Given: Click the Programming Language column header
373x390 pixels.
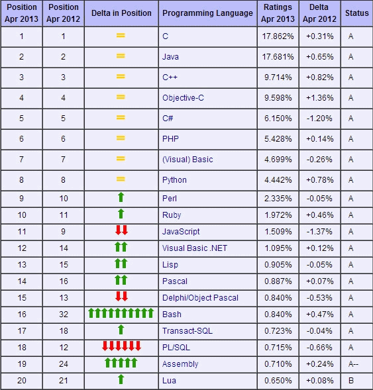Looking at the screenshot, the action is click(207, 13).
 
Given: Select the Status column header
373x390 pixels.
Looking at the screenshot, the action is click(357, 13).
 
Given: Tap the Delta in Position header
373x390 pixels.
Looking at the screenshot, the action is click(121, 13).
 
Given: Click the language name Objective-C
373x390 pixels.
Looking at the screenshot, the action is click(183, 98).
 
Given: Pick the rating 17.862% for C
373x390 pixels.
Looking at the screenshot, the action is click(278, 36).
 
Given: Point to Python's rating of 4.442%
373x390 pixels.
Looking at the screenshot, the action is click(278, 180).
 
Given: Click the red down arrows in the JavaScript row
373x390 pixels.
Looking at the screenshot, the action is click(121, 230).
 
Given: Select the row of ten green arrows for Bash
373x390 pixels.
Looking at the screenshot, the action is click(121, 313).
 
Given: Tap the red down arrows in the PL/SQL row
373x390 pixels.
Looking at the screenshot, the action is click(121, 346).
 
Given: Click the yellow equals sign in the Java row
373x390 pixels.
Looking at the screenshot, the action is click(121, 56).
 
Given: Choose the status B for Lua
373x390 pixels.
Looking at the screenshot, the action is click(351, 380).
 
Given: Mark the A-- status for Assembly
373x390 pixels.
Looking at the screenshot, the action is click(353, 364).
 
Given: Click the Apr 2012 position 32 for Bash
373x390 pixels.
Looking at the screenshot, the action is click(64, 314).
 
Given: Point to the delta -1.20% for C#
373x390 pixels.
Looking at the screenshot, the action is click(319, 118).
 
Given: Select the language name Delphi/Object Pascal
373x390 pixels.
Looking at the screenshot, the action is click(200, 298).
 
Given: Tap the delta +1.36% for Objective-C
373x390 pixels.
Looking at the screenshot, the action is click(319, 98).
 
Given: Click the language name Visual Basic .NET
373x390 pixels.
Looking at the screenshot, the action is click(195, 248).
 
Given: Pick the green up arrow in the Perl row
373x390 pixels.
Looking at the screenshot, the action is click(121, 197).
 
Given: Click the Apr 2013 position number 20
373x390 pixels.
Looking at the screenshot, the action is click(22, 380).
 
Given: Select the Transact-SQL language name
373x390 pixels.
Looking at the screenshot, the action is click(187, 331).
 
